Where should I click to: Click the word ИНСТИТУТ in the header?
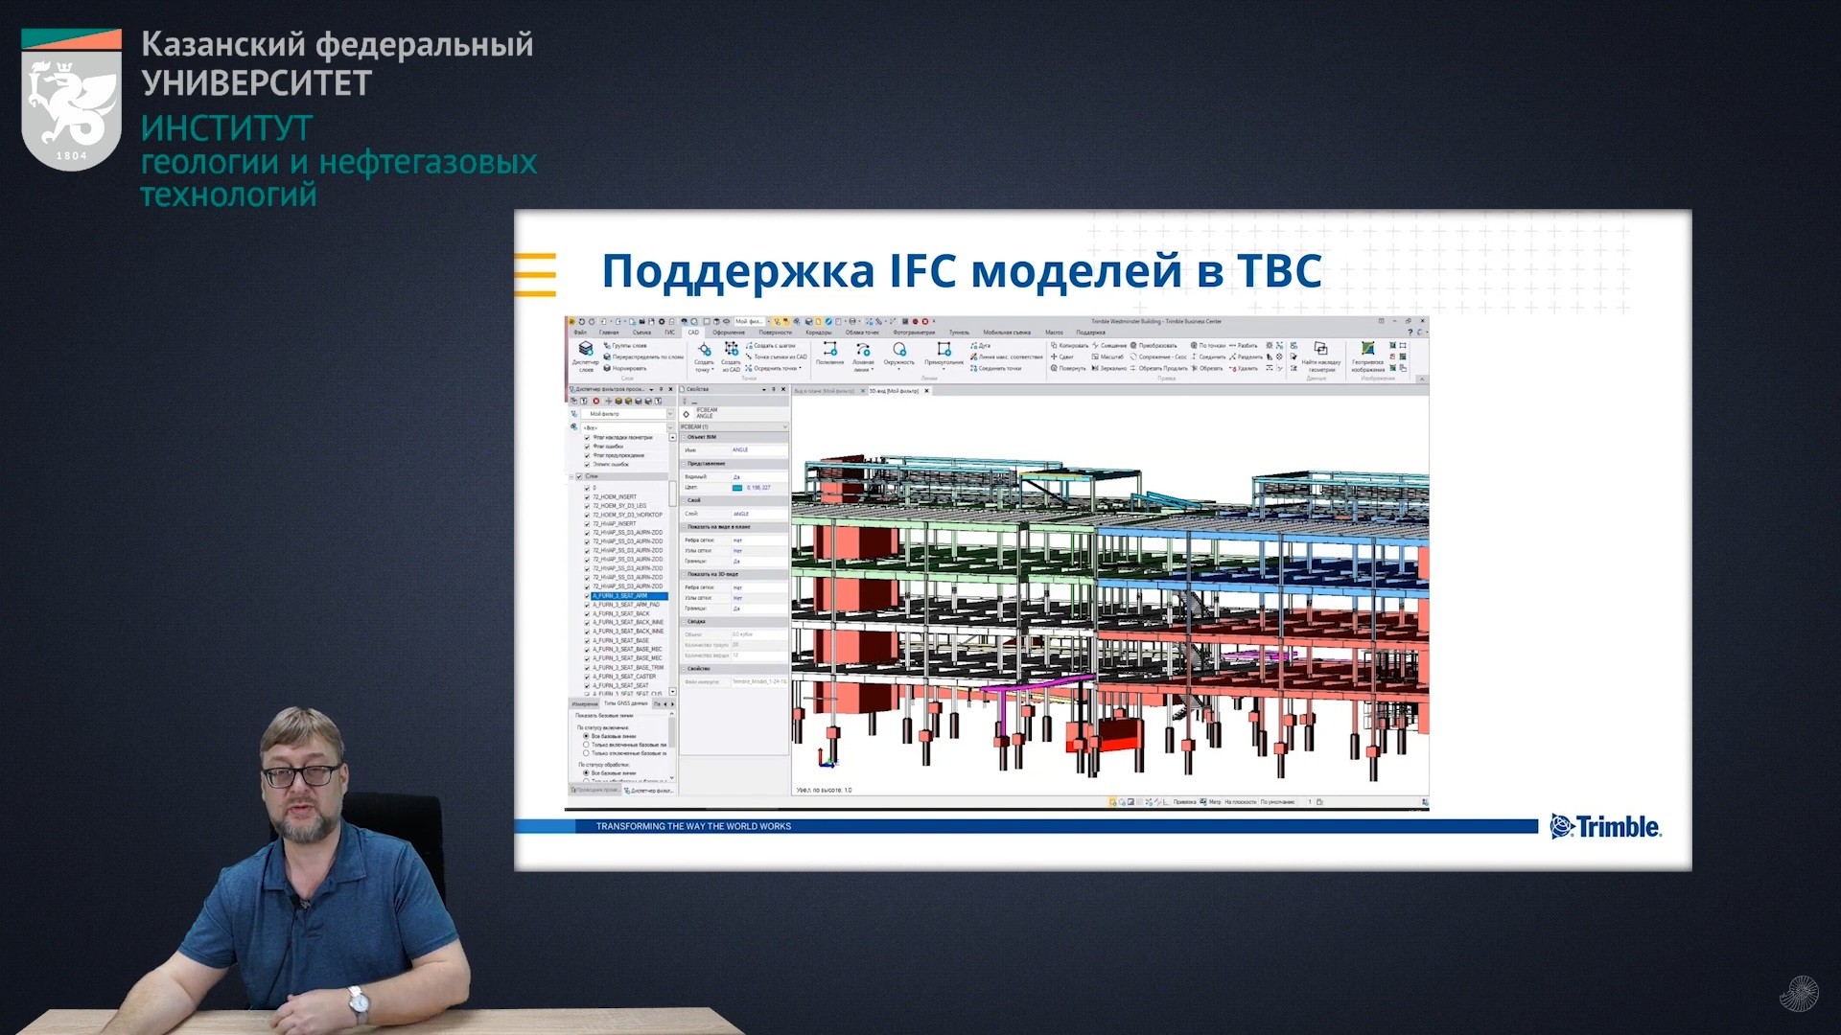(x=226, y=128)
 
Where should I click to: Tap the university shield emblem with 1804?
(x=71, y=102)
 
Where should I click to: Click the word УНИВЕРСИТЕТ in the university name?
(x=256, y=83)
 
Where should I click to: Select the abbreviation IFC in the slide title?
(x=929, y=271)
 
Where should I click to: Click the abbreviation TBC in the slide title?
(x=1279, y=271)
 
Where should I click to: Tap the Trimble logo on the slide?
(x=1605, y=826)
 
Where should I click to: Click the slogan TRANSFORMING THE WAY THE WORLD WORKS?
(x=693, y=826)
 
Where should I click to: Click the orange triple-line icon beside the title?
(x=535, y=274)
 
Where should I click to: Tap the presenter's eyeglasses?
(x=302, y=774)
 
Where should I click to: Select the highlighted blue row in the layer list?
(x=628, y=596)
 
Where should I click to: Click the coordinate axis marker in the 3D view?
(x=826, y=760)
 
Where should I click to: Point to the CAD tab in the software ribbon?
(x=693, y=333)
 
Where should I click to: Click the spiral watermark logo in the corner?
(x=1799, y=994)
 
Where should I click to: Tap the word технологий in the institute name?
(x=228, y=195)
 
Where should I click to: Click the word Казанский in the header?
(x=223, y=44)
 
